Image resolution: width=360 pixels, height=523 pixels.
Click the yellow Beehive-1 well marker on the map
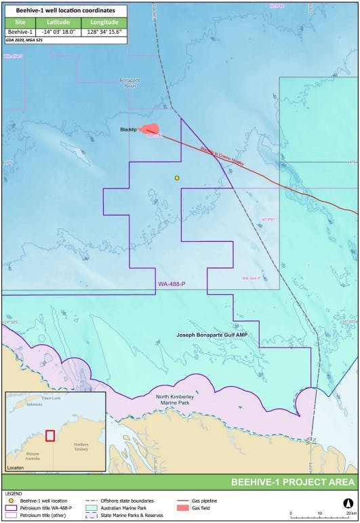(x=177, y=178)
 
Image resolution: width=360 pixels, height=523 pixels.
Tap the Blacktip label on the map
(x=138, y=129)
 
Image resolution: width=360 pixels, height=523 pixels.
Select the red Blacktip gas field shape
(x=152, y=129)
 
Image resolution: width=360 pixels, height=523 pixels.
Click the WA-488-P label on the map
(x=171, y=283)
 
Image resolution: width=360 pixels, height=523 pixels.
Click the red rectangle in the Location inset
(x=49, y=434)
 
